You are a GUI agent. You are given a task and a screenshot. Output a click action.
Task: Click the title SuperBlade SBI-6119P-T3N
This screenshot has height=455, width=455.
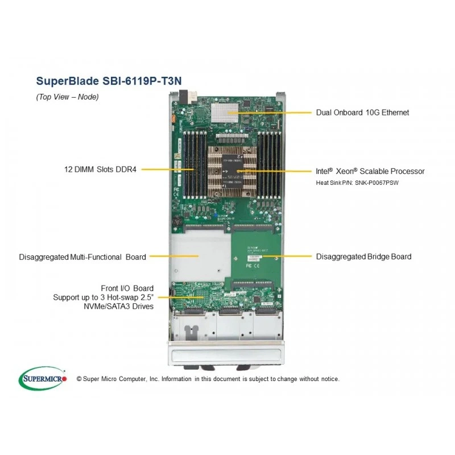click(109, 81)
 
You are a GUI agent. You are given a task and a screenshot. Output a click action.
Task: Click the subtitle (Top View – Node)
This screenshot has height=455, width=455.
click(67, 97)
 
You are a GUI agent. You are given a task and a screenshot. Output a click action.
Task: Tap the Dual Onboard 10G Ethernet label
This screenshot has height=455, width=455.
click(362, 113)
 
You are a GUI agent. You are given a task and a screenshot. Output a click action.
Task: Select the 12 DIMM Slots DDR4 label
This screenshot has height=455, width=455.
click(100, 169)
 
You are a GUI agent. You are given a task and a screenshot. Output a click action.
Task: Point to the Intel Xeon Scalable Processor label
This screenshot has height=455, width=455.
click(370, 171)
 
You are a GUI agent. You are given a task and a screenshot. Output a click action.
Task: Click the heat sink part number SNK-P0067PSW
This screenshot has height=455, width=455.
click(377, 183)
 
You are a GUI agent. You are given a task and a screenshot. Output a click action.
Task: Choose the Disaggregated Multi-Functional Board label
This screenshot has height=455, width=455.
click(82, 257)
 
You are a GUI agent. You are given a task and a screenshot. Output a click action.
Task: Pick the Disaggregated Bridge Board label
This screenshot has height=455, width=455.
click(363, 257)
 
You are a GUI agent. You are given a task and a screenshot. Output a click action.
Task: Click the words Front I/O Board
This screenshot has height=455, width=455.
click(127, 288)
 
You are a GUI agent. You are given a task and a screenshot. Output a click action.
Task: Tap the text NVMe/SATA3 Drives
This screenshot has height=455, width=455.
click(118, 306)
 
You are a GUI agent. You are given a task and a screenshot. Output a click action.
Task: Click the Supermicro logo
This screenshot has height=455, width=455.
click(43, 378)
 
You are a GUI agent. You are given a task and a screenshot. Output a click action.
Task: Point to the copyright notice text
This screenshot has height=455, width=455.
click(208, 379)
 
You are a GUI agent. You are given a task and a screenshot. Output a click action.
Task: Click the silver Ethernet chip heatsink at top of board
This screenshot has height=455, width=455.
click(225, 113)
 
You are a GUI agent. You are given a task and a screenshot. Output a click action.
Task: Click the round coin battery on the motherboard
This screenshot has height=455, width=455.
click(177, 222)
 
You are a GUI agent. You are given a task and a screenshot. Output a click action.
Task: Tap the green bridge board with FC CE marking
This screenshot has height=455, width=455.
click(256, 257)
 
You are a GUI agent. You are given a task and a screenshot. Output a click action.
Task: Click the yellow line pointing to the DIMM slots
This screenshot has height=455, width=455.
click(167, 169)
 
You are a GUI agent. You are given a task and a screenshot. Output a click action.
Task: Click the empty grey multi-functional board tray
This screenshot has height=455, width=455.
click(200, 257)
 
